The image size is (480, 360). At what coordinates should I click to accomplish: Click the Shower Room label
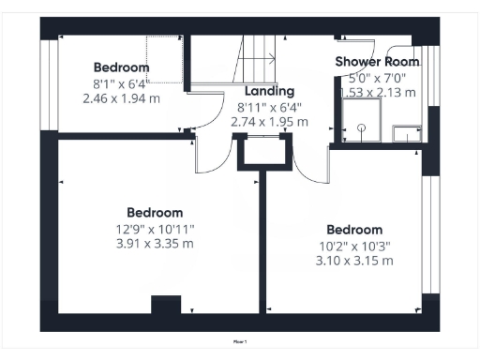(x=377, y=62)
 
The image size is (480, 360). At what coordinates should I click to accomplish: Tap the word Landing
(x=269, y=92)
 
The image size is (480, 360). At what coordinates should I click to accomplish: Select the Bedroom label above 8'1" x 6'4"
(x=121, y=67)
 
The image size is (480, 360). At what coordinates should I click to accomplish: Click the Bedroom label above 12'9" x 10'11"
(x=155, y=213)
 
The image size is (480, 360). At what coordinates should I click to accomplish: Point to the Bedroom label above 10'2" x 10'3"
(x=353, y=230)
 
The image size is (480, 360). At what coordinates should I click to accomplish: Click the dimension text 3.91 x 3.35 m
(x=155, y=244)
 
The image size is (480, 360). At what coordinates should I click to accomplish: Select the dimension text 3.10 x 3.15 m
(x=353, y=260)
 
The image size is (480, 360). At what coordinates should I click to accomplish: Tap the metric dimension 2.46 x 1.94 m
(x=121, y=97)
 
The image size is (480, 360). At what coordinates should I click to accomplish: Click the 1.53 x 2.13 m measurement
(x=377, y=92)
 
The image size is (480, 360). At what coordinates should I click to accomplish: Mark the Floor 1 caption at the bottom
(x=239, y=342)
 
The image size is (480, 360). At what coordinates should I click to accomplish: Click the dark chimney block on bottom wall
(x=166, y=307)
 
